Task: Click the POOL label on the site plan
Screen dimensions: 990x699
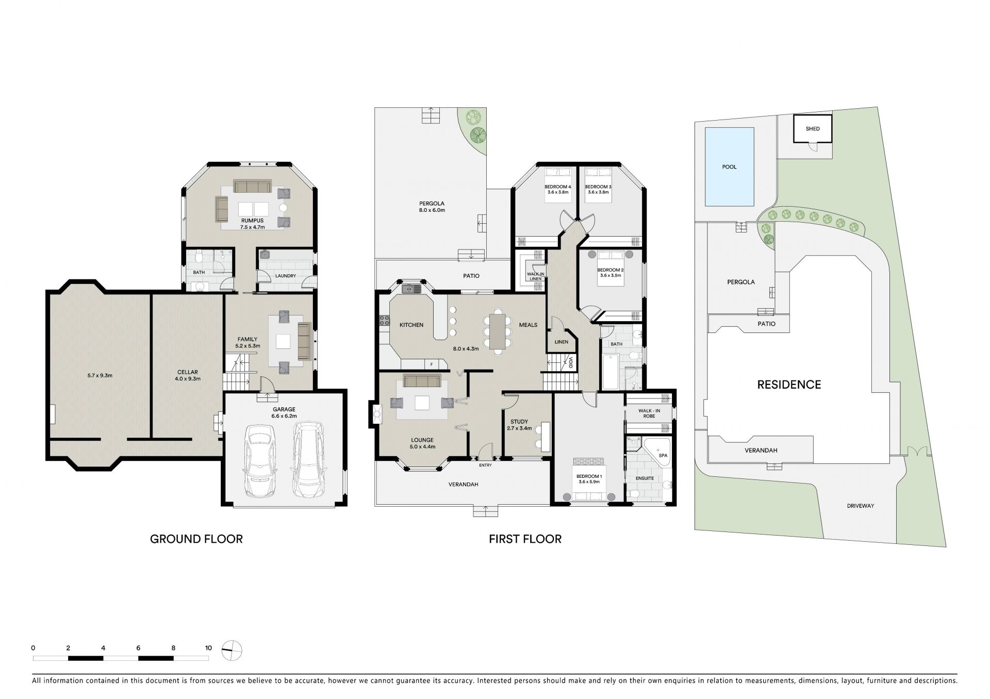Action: (x=729, y=167)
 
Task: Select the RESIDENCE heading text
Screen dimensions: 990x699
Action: (x=789, y=385)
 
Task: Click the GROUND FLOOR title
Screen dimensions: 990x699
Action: (x=196, y=539)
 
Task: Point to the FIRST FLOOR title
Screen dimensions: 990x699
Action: (x=525, y=539)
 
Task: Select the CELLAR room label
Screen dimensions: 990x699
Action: (x=188, y=372)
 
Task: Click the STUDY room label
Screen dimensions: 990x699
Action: (x=519, y=422)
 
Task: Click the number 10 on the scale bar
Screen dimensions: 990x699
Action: (x=208, y=648)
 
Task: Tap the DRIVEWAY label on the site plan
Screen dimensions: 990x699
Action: (x=861, y=506)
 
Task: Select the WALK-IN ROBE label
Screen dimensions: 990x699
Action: (x=649, y=413)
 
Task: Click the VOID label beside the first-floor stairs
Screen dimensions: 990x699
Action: (x=571, y=362)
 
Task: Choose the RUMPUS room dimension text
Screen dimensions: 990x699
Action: (x=252, y=227)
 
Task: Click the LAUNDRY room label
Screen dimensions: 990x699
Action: (x=286, y=276)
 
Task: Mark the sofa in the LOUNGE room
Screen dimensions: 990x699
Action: (x=422, y=381)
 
